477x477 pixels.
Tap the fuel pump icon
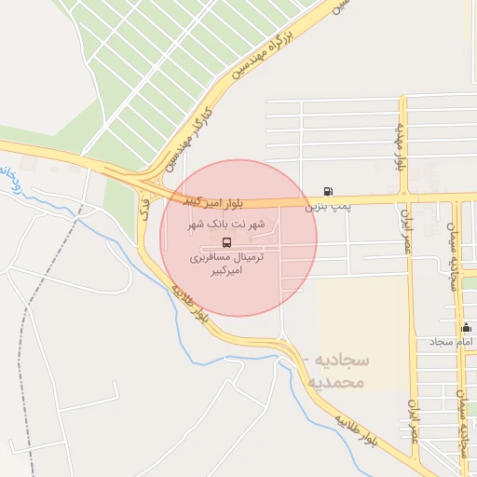click(x=327, y=192)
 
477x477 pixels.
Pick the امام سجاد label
click(x=451, y=342)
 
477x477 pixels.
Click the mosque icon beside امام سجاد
click(x=466, y=328)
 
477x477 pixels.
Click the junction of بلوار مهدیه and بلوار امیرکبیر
click(x=404, y=198)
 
